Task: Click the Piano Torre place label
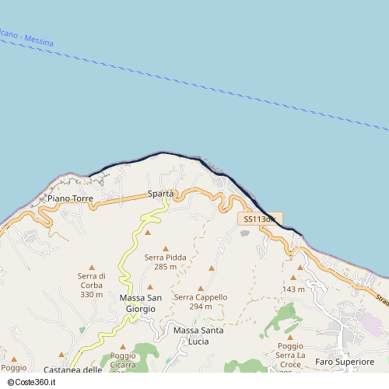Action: pyautogui.click(x=70, y=198)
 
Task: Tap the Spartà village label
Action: pyautogui.click(x=160, y=194)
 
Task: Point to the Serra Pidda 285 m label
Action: pyautogui.click(x=165, y=261)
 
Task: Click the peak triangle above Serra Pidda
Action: pyautogui.click(x=165, y=248)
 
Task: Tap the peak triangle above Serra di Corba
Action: pyautogui.click(x=92, y=267)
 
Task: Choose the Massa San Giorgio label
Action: pyautogui.click(x=141, y=303)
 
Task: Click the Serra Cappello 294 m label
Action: pyautogui.click(x=201, y=301)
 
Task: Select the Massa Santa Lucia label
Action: pyautogui.click(x=198, y=335)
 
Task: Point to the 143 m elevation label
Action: pyautogui.click(x=294, y=289)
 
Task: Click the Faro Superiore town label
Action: pyautogui.click(x=345, y=362)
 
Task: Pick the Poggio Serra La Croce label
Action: pyautogui.click(x=290, y=355)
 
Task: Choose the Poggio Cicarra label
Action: pyautogui.click(x=123, y=359)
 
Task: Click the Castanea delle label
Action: pyautogui.click(x=73, y=370)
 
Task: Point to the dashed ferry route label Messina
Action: pyautogui.click(x=38, y=40)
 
